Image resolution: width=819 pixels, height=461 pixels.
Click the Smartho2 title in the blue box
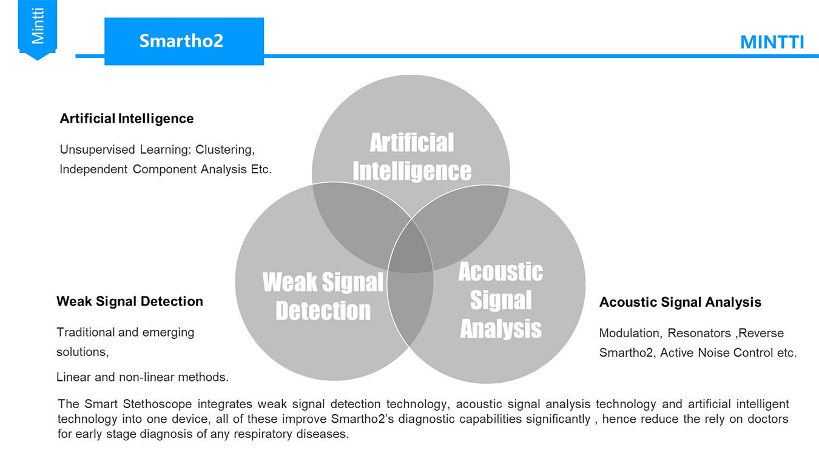[181, 41]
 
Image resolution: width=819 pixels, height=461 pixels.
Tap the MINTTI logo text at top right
[772, 43]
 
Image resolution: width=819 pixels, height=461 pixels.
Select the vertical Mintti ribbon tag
[37, 29]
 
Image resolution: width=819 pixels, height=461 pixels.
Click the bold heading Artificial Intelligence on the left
[127, 118]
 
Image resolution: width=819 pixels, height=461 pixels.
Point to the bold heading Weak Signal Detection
[129, 301]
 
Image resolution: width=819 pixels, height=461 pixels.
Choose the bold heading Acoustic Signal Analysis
[680, 302]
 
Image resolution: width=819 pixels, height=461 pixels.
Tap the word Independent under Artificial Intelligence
[93, 169]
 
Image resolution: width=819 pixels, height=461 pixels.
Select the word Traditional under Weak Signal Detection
[86, 332]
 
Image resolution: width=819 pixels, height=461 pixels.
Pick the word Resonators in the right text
[699, 333]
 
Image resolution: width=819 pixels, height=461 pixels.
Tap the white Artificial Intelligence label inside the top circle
[412, 157]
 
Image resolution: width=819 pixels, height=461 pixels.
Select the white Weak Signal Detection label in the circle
[323, 296]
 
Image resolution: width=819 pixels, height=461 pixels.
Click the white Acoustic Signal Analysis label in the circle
[500, 300]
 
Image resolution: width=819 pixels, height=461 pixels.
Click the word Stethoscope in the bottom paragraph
[157, 404]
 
